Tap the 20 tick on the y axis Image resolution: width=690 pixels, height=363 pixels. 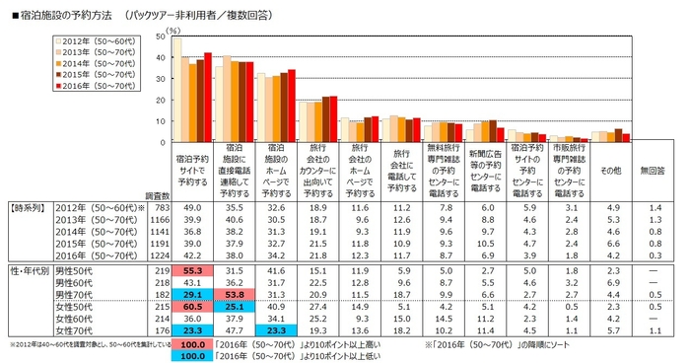[160, 102]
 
